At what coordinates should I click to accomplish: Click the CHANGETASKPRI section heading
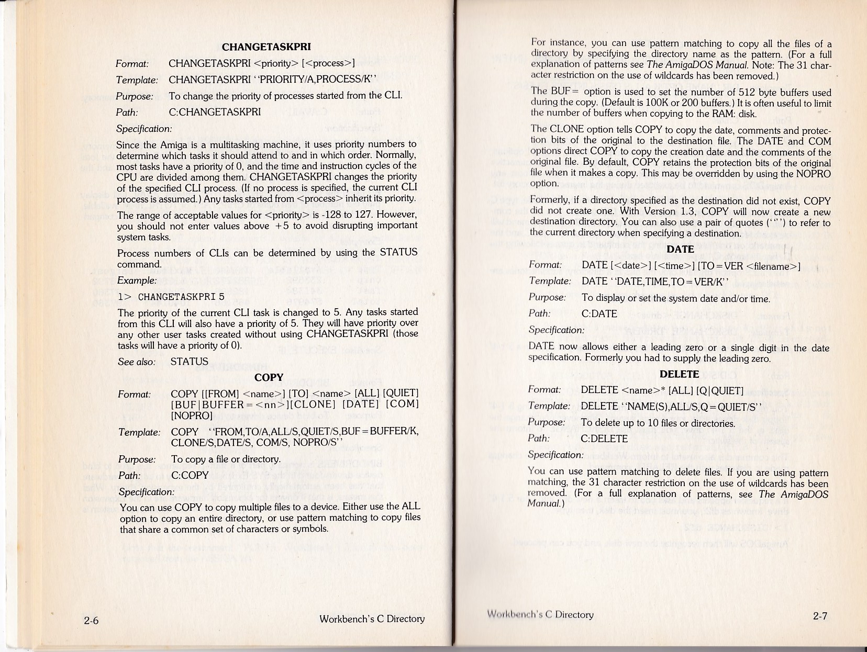point(266,47)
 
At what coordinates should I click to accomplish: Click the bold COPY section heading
point(269,377)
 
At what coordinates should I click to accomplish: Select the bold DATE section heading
point(680,250)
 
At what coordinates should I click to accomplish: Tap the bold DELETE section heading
point(679,374)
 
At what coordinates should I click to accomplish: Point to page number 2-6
point(91,621)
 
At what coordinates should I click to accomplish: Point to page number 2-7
point(820,616)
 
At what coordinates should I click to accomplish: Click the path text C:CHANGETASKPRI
point(214,112)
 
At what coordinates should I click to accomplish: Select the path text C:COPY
point(190,475)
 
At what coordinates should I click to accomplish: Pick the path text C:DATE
point(599,314)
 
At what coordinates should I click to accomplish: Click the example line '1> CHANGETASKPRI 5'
point(171,297)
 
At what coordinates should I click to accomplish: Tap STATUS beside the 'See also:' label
point(189,362)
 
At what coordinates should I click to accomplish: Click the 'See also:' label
point(137,362)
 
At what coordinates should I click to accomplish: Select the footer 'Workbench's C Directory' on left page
point(372,619)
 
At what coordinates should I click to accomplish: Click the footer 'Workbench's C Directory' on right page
point(540,614)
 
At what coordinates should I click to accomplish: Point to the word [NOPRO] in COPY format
point(192,416)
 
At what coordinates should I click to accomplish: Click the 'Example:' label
point(137,280)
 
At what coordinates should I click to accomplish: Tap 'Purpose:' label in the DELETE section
point(546,422)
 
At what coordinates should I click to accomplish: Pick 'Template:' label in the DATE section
point(550,281)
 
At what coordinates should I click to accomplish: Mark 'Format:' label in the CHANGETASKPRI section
point(132,64)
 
